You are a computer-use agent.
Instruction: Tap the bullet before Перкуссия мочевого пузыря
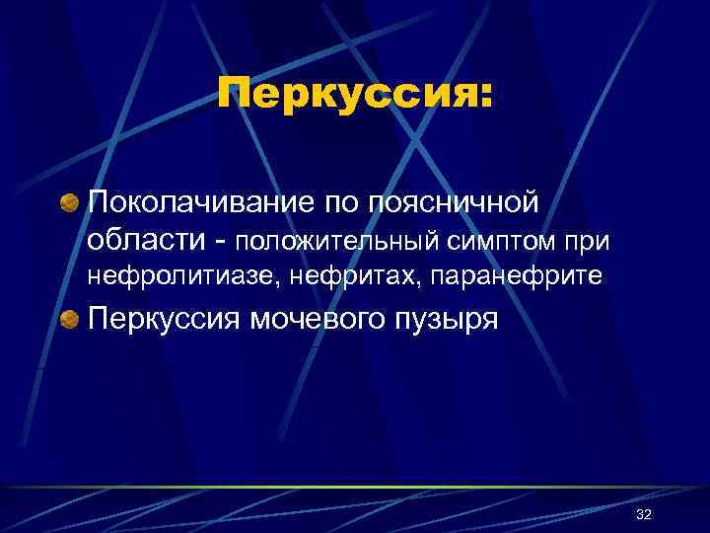(x=70, y=319)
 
